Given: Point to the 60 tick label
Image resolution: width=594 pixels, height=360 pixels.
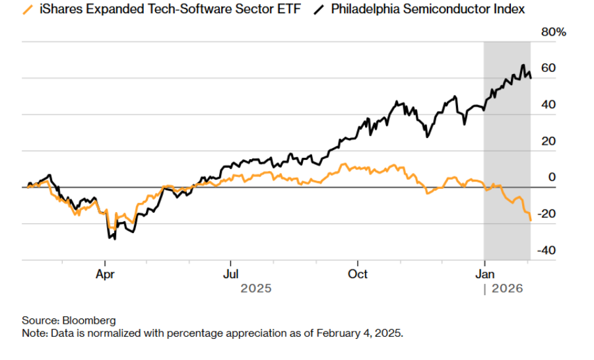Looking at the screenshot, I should click(x=548, y=69).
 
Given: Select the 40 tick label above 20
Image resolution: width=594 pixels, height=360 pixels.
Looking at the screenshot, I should click(x=548, y=105).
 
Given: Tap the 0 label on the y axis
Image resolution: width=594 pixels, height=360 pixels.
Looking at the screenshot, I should click(x=552, y=178).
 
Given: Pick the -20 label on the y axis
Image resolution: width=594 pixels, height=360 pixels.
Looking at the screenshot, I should click(x=546, y=214).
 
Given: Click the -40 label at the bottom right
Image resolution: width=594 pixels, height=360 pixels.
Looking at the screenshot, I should click(x=546, y=250).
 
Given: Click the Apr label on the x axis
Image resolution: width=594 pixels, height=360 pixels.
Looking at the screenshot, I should click(x=105, y=273).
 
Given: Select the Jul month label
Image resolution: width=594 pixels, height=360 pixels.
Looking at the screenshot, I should click(x=231, y=273).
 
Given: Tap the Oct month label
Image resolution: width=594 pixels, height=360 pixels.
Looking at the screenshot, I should click(x=358, y=273).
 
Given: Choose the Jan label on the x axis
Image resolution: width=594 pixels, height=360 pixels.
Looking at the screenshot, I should click(x=485, y=273).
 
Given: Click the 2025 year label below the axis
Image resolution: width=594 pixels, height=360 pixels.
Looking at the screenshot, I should click(x=256, y=288).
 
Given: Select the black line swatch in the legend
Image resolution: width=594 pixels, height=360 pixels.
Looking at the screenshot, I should click(x=319, y=9).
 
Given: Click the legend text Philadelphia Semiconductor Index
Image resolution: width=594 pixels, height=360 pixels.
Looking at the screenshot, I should click(x=428, y=9).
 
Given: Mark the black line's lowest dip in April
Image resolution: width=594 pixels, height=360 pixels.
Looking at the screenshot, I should click(x=115, y=238).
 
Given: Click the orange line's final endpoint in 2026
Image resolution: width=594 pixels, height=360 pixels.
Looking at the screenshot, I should click(x=531, y=220).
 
